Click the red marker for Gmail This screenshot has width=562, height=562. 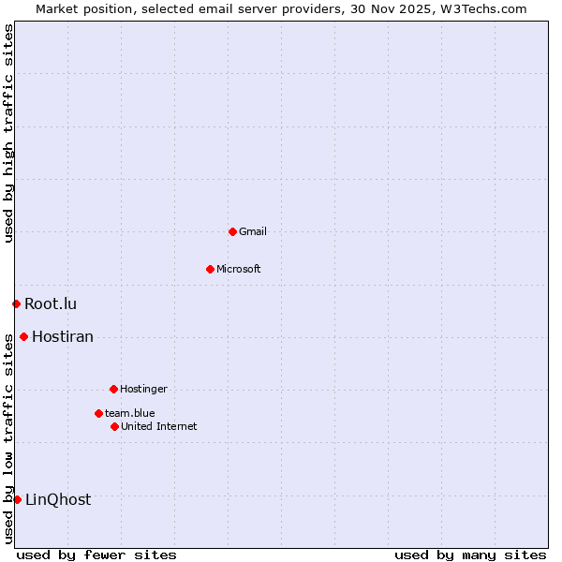tap(232, 231)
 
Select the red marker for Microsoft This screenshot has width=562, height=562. tap(210, 269)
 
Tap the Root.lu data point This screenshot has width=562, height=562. tap(16, 303)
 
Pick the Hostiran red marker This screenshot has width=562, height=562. tap(23, 336)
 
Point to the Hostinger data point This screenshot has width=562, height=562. tap(113, 389)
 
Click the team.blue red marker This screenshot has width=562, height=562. tap(98, 413)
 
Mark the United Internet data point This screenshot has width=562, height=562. tap(114, 426)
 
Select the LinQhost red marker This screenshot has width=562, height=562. tap(17, 499)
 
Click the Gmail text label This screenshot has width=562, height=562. tap(253, 231)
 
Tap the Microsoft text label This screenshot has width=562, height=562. tap(239, 269)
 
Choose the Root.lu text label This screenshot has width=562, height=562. tap(51, 303)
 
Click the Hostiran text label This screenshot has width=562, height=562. tap(63, 336)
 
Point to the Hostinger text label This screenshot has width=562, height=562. tap(143, 389)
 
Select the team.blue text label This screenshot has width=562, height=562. tap(130, 413)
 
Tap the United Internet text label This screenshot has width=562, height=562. tap(159, 426)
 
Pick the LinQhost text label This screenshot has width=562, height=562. tap(58, 499)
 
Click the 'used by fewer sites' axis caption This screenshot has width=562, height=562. tap(96, 555)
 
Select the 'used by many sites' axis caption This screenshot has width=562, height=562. tap(470, 555)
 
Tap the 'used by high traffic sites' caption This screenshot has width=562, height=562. tap(8, 133)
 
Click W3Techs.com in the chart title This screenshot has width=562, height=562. tap(483, 8)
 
